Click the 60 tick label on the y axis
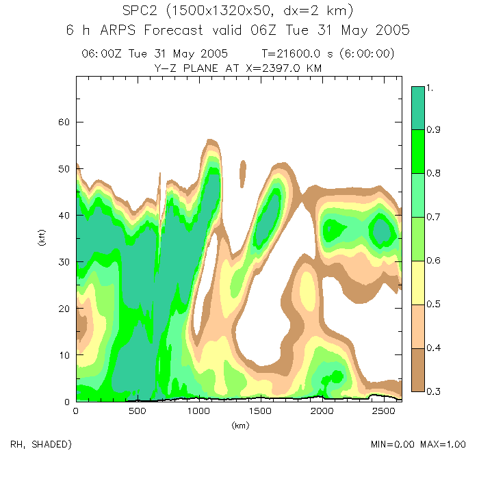click(x=64, y=122)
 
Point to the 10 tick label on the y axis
click(x=64, y=355)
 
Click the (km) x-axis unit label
click(x=239, y=426)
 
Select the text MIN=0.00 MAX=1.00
click(x=414, y=445)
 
